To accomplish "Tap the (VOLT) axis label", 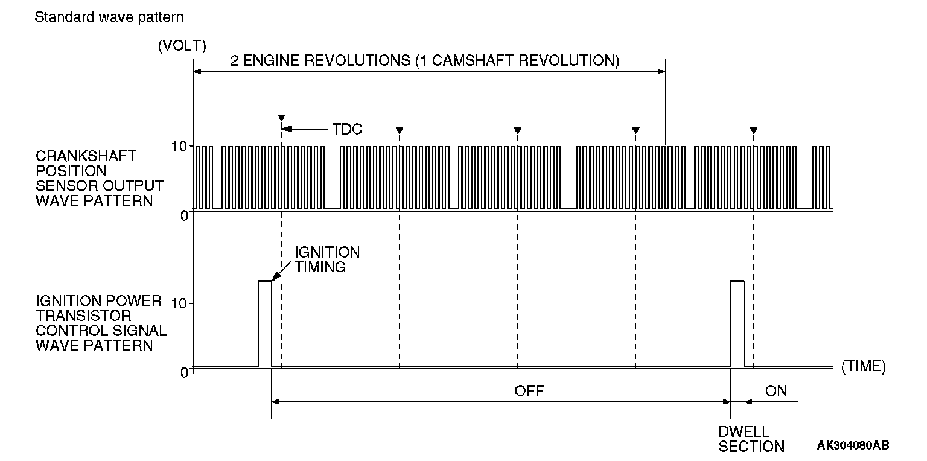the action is [x=182, y=46].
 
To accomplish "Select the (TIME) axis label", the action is [x=863, y=366].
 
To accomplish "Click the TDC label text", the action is [x=347, y=129].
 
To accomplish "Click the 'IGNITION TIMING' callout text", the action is [x=327, y=259].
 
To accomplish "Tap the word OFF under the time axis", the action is [x=529, y=391].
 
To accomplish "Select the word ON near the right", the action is [x=776, y=391].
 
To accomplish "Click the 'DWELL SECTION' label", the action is [x=751, y=439].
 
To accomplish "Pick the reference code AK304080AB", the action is [x=853, y=445].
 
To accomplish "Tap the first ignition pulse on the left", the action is [x=265, y=323].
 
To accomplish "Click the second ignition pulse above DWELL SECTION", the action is [x=737, y=323].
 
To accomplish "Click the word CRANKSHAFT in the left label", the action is [x=86, y=156].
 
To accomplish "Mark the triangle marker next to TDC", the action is [x=281, y=118].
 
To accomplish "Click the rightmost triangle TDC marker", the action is [x=753, y=130].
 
